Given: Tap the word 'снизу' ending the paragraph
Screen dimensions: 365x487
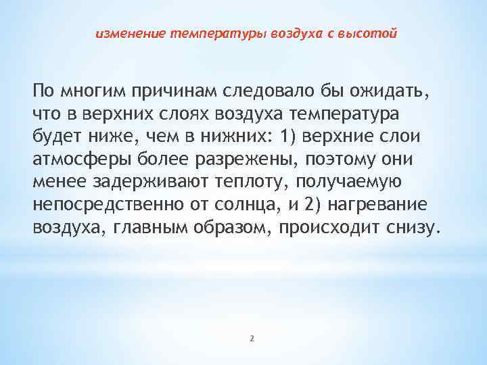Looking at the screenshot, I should [x=411, y=228].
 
